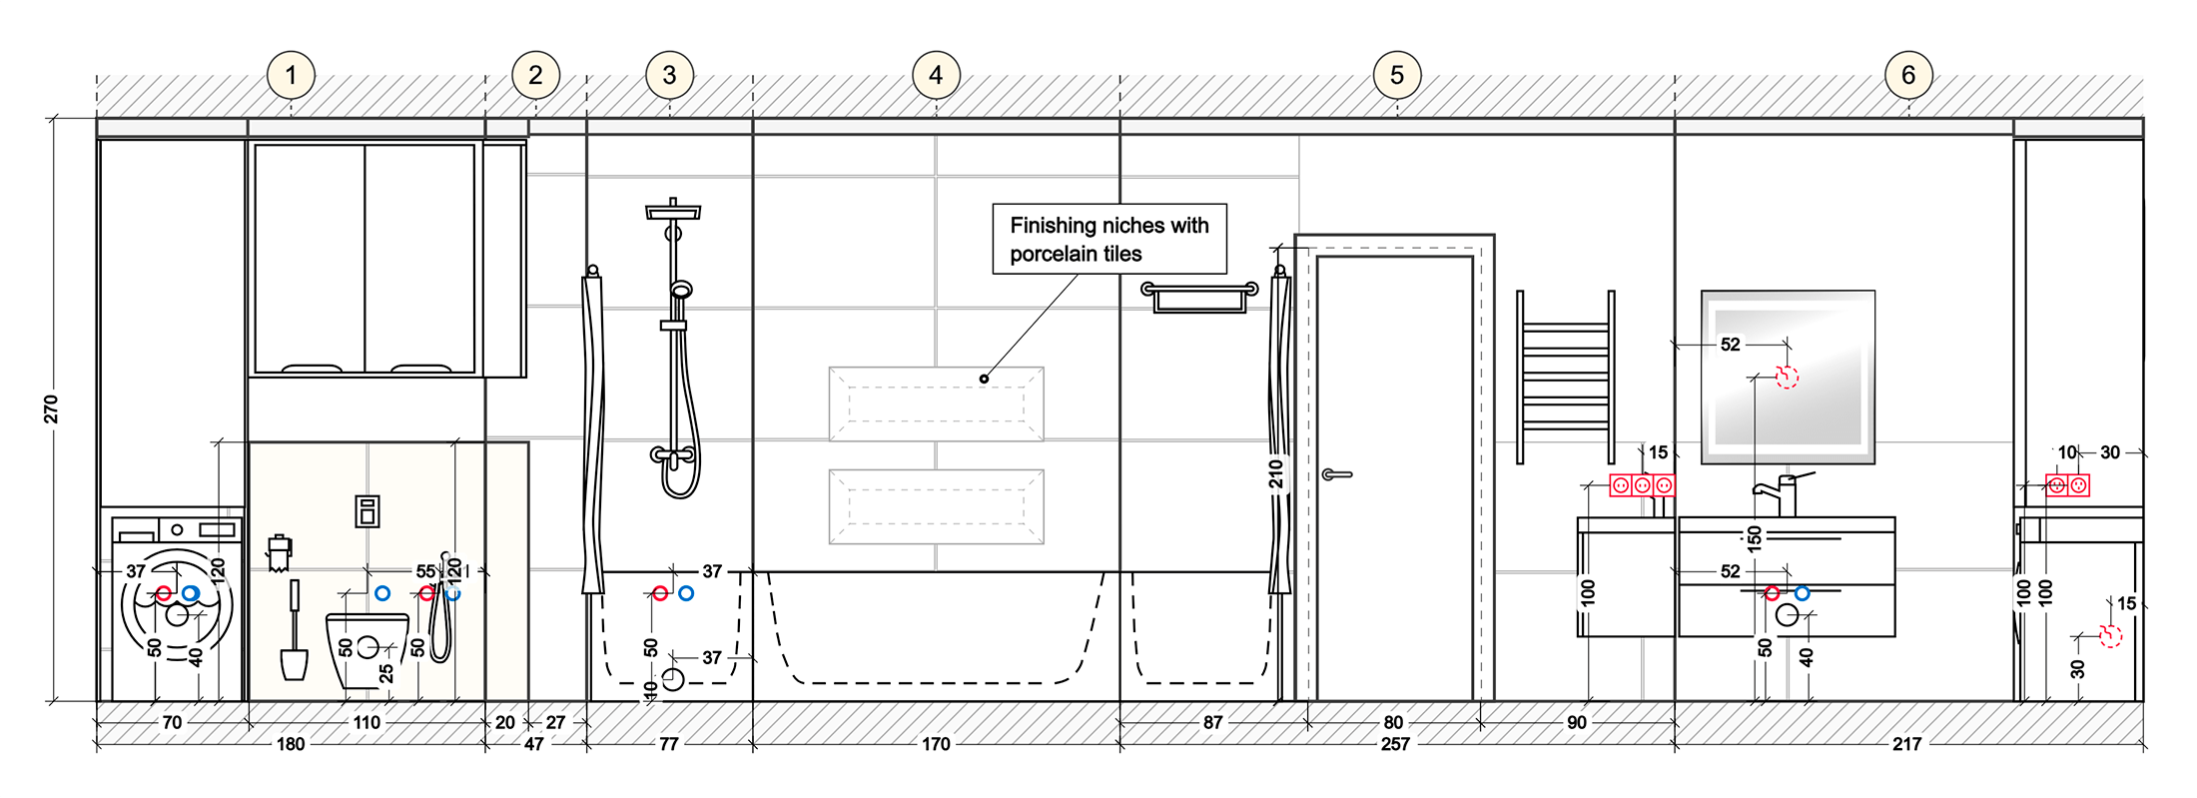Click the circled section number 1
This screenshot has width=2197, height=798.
(x=291, y=75)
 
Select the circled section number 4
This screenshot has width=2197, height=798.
(x=936, y=75)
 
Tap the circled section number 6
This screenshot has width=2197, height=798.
(x=1907, y=75)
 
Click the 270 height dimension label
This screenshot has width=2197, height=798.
(x=51, y=408)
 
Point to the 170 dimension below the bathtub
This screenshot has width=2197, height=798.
(x=936, y=744)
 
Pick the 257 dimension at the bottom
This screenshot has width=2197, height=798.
(x=1395, y=744)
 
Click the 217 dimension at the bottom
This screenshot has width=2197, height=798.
(x=1906, y=744)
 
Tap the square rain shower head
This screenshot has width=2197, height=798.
(x=673, y=211)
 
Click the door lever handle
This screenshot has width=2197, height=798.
(x=1336, y=474)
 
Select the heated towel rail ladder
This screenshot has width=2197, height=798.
(x=1565, y=378)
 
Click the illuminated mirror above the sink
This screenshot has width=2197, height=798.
(x=1788, y=377)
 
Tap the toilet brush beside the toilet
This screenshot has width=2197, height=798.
(x=294, y=634)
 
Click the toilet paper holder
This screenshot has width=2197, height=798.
(x=280, y=553)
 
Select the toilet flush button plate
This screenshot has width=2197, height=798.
(x=366, y=510)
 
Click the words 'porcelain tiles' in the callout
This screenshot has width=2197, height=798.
(x=1076, y=254)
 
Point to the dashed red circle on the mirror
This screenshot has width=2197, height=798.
(x=1787, y=377)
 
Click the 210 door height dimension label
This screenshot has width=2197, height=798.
(x=1275, y=473)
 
